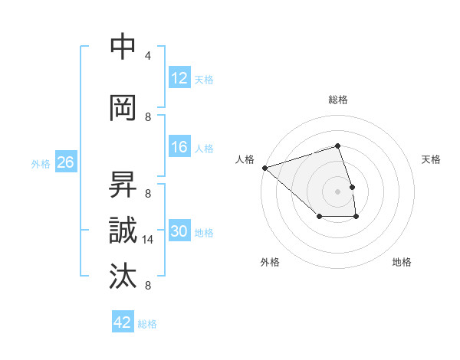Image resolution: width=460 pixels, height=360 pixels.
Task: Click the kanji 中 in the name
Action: (123, 47)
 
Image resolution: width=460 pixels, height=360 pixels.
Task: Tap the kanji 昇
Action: (123, 184)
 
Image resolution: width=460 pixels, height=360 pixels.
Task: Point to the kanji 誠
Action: (123, 230)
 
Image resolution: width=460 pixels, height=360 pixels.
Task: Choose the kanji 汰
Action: (123, 276)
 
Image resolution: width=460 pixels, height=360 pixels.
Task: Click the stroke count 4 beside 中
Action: (148, 56)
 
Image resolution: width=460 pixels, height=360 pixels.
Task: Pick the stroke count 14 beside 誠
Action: (149, 240)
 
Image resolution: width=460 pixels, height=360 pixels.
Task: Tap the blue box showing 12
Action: (179, 77)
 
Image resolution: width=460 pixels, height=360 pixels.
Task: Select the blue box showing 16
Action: (179, 147)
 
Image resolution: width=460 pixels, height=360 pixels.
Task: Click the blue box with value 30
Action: (179, 231)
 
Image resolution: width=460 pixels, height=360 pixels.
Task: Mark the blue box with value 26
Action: (65, 162)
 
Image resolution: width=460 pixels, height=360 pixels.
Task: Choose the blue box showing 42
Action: (123, 322)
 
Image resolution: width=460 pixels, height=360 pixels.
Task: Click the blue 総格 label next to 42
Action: (147, 324)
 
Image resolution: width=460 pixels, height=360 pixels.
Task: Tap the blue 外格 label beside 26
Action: (41, 163)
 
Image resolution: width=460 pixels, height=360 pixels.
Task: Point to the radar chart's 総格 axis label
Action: (338, 100)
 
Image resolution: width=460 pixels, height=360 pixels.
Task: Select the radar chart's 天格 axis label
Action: (432, 159)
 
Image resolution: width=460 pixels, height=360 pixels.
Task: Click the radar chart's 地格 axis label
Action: (402, 262)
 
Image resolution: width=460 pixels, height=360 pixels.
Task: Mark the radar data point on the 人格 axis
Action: (264, 167)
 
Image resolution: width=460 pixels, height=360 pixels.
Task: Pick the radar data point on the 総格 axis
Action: (338, 146)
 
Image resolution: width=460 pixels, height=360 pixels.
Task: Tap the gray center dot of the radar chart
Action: (338, 191)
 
